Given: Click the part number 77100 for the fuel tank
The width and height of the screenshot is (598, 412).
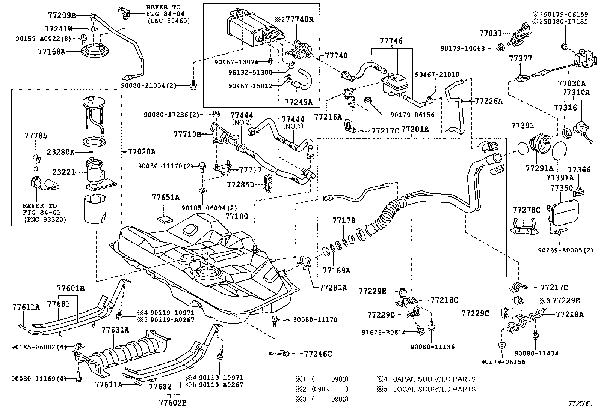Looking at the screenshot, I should pos(237,217).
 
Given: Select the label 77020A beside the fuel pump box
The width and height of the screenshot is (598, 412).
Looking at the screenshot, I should pos(139,152).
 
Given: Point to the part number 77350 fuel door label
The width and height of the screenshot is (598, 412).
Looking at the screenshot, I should pos(562,188).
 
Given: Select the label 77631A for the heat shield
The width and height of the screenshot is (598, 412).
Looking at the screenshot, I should pos(115,330).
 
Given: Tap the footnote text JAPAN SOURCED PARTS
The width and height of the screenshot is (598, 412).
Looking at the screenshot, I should pos(434,379).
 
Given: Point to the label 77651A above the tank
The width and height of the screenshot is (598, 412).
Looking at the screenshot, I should pos(166,197).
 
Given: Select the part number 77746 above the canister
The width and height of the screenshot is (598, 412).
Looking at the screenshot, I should pos(391,41).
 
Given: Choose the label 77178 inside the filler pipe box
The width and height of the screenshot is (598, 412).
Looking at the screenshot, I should pos(343,220).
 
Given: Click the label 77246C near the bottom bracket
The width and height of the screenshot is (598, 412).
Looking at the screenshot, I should pos(318,354).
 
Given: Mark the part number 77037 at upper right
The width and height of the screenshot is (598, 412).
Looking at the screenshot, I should pos(490,33).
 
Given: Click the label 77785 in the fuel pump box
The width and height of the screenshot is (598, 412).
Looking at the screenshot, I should pos(36,136).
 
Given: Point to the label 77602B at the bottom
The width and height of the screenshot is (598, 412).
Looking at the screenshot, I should pos(172,403).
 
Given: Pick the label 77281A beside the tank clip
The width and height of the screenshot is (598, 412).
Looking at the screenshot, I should pos(333,288).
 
